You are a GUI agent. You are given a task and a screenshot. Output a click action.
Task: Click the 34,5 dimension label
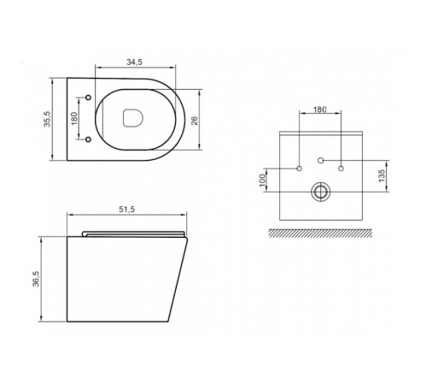134,62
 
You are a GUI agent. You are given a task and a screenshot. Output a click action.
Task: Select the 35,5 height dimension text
47,119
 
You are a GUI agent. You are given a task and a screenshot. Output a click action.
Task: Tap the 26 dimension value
195,121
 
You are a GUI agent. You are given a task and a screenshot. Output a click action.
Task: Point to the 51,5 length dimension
127,210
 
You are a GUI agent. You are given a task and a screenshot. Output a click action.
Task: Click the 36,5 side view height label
37,278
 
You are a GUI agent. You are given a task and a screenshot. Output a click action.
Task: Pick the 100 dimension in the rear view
262,180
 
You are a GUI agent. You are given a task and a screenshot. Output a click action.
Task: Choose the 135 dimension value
382,175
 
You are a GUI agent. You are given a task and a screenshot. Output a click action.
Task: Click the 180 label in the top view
74,119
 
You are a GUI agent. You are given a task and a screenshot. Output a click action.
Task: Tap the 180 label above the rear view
319,110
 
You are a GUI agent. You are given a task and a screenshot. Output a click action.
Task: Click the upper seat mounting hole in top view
88,98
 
